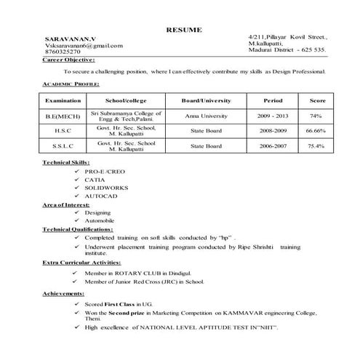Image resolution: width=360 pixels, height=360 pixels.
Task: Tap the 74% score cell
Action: (316, 116)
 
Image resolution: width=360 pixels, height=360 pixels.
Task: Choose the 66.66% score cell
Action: (316, 131)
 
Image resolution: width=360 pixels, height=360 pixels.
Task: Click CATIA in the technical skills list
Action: (95, 180)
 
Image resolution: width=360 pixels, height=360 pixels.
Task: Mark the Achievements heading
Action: (63, 293)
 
